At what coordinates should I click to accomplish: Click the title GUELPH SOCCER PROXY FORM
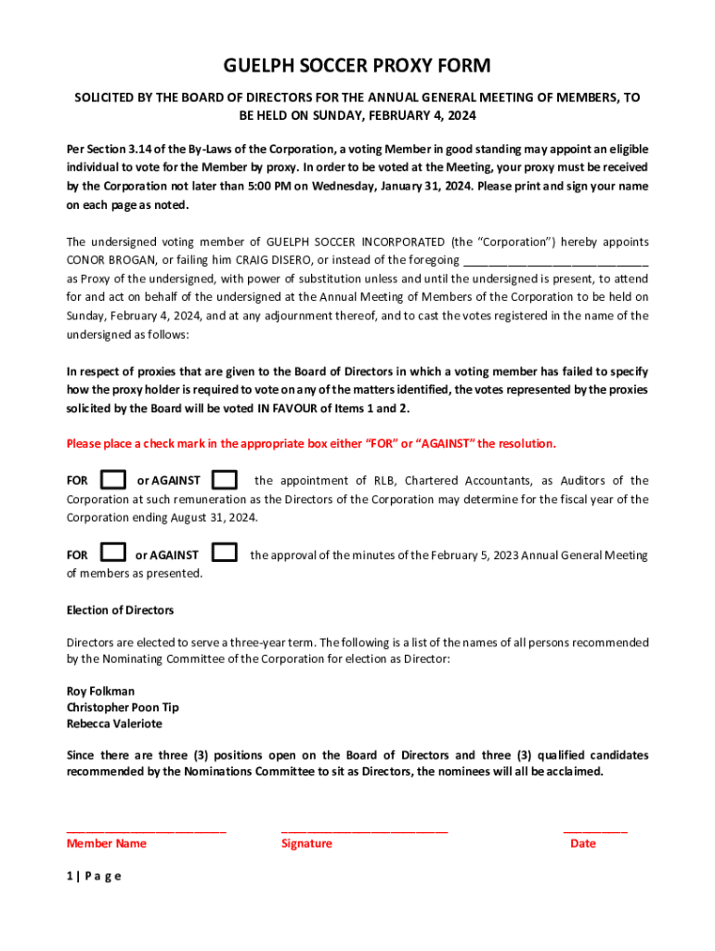click(x=357, y=65)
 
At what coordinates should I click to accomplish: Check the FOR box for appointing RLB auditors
click(x=113, y=480)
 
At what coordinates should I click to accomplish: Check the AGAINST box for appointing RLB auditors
click(x=225, y=480)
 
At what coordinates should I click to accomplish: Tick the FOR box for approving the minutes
click(x=113, y=553)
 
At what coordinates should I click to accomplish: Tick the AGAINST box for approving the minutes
click(x=225, y=553)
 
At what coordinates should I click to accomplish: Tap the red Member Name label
click(x=106, y=843)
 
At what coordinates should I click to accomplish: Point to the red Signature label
click(x=306, y=843)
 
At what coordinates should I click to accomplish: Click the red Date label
click(x=583, y=843)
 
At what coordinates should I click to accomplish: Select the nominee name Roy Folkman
click(x=100, y=691)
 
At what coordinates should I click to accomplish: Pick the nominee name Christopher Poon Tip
click(x=123, y=708)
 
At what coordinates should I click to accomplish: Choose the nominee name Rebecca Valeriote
click(x=112, y=723)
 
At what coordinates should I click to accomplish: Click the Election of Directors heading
click(x=120, y=610)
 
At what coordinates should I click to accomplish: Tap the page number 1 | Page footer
click(x=94, y=876)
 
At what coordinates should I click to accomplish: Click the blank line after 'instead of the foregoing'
click(x=554, y=261)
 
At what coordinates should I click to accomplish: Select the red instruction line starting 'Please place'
click(x=311, y=443)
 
